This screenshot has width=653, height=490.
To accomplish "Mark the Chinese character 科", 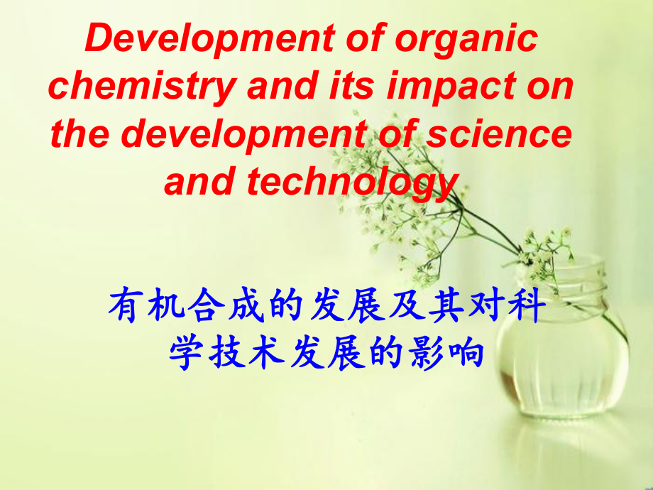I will click(x=529, y=308).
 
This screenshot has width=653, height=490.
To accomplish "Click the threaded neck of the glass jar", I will click(x=569, y=280).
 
